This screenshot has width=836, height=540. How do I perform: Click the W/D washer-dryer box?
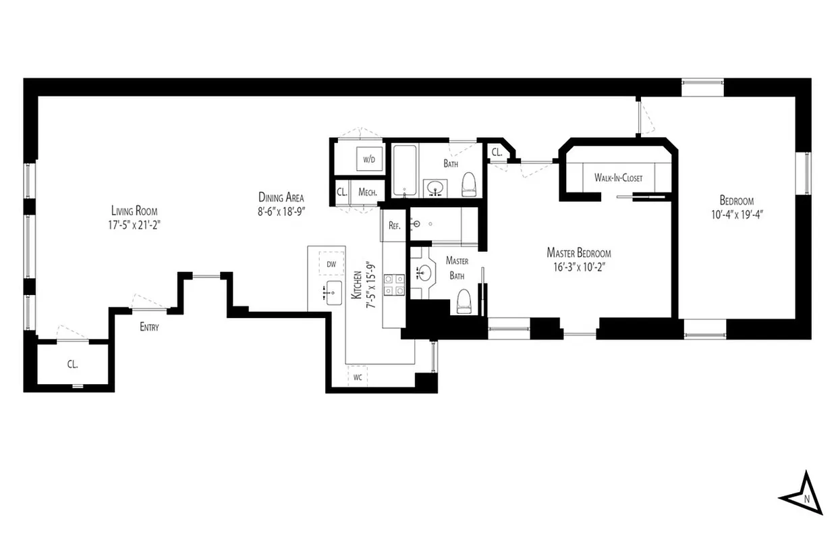[368, 160]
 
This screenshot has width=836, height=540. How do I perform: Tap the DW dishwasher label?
[331, 264]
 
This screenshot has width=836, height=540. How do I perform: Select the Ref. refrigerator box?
[395, 226]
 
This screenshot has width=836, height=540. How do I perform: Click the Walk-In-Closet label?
[618, 178]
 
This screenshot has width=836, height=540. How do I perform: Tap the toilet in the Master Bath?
[464, 302]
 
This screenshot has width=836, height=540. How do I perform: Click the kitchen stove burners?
[394, 285]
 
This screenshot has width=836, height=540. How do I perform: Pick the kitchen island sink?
[333, 293]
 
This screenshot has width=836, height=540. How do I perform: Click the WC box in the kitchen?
[358, 377]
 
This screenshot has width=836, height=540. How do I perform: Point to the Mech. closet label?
[367, 192]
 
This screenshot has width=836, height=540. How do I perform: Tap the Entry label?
[150, 327]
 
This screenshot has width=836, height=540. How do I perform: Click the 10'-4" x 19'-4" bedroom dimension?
[736, 214]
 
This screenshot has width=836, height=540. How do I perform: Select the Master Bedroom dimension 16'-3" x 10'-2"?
[578, 266]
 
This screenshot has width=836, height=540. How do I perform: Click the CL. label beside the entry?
[72, 364]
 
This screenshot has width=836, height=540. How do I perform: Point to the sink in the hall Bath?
[436, 186]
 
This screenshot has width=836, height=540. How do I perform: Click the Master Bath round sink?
[424, 273]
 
